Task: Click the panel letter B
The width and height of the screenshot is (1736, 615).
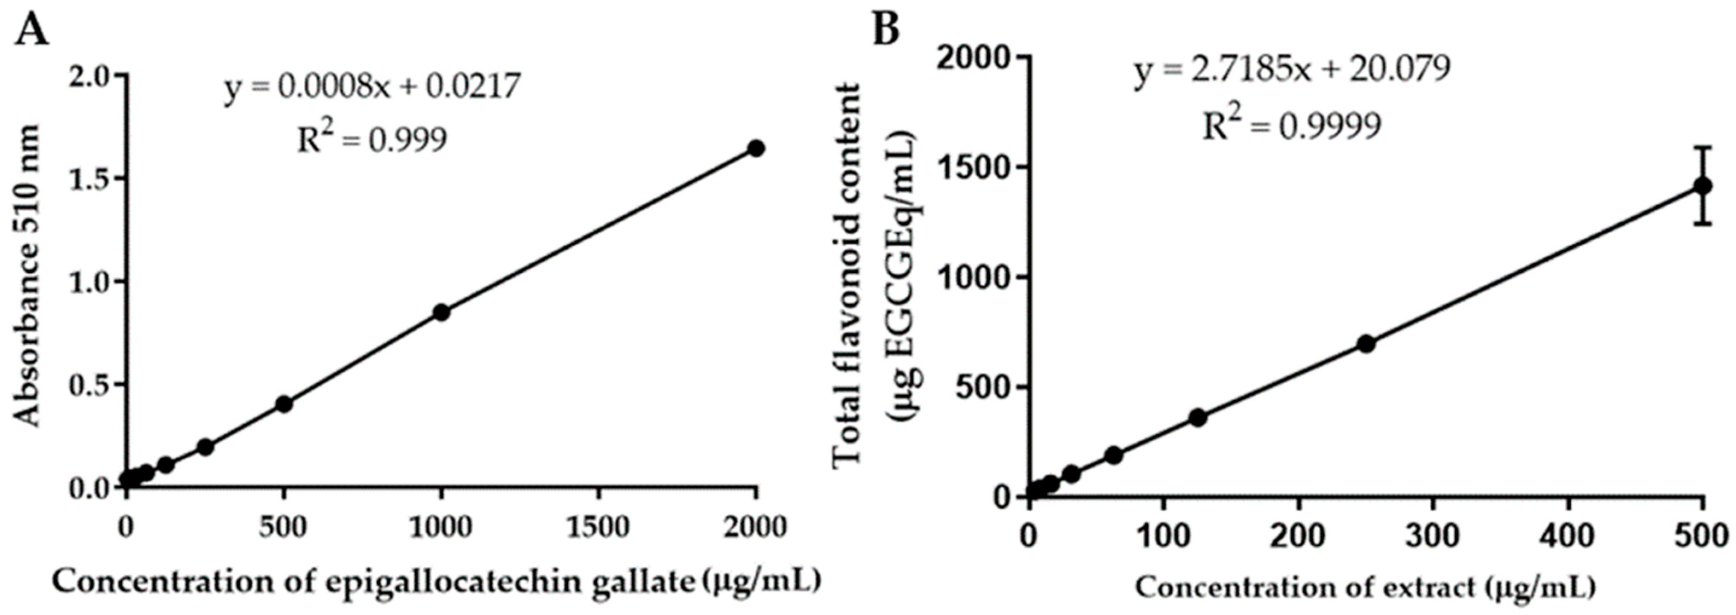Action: click(886, 28)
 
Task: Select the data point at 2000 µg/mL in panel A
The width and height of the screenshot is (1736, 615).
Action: click(756, 148)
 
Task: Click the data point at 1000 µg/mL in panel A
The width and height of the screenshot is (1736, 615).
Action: click(441, 312)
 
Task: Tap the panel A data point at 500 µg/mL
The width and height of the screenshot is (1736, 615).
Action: click(284, 404)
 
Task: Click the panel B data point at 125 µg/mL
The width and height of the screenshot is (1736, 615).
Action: click(1197, 418)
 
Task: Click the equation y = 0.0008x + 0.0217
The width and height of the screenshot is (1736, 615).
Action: click(372, 87)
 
